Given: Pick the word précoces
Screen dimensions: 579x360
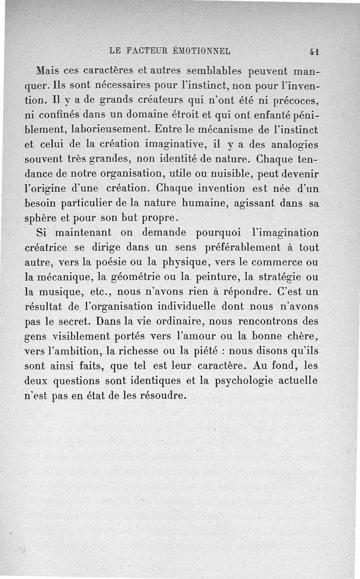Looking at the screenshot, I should click(297, 100).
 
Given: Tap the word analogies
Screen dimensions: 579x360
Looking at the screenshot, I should click(291, 145).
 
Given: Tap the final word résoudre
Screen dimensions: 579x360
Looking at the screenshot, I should click(162, 396).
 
